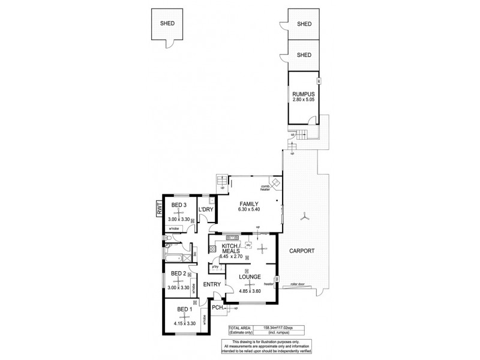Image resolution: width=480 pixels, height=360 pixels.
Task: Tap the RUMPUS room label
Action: pyautogui.click(x=304, y=94)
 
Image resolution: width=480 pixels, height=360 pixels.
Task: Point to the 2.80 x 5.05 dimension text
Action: pyautogui.click(x=304, y=101)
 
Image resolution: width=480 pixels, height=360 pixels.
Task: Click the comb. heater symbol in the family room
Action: pyautogui.click(x=275, y=182)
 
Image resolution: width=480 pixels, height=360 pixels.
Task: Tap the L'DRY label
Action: pyautogui.click(x=206, y=209)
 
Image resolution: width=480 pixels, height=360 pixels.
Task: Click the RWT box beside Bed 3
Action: pyautogui.click(x=160, y=208)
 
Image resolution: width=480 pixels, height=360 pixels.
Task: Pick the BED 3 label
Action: pyautogui.click(x=179, y=205)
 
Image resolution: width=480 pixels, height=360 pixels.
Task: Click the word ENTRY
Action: pyautogui.click(x=212, y=285)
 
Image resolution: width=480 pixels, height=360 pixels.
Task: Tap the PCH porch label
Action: pyautogui.click(x=217, y=309)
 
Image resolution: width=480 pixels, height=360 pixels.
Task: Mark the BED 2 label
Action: pyautogui.click(x=179, y=274)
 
